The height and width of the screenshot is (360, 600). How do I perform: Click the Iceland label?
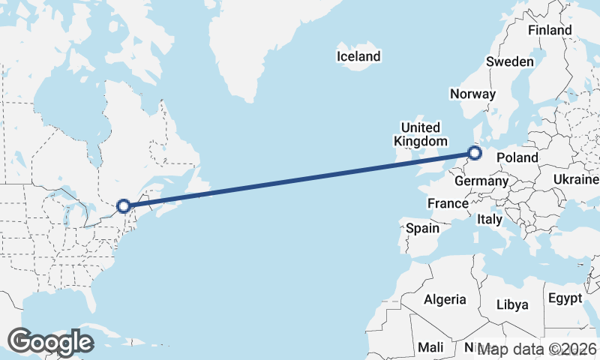(358, 56)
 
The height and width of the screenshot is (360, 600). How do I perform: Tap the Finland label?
(550, 30)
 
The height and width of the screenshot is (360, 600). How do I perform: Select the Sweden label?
(510, 61)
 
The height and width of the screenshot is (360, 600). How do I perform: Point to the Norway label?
(472, 94)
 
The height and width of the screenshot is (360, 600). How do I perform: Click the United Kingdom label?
(420, 134)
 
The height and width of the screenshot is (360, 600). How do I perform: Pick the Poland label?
(517, 157)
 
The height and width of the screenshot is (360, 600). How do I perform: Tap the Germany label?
(481, 181)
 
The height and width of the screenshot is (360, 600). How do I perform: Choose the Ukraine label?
(576, 179)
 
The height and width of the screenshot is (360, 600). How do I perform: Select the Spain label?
(422, 228)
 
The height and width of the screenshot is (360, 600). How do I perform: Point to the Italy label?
(490, 219)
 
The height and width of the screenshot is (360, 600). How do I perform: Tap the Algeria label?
(445, 299)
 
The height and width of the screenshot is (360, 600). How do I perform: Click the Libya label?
(513, 304)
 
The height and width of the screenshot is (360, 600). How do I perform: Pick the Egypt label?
(565, 298)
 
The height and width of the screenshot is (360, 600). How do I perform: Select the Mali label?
(430, 347)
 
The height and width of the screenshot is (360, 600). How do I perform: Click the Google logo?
(50, 342)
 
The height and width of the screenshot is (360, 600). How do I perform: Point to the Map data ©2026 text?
(536, 349)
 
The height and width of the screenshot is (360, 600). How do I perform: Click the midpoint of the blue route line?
(299, 179)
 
